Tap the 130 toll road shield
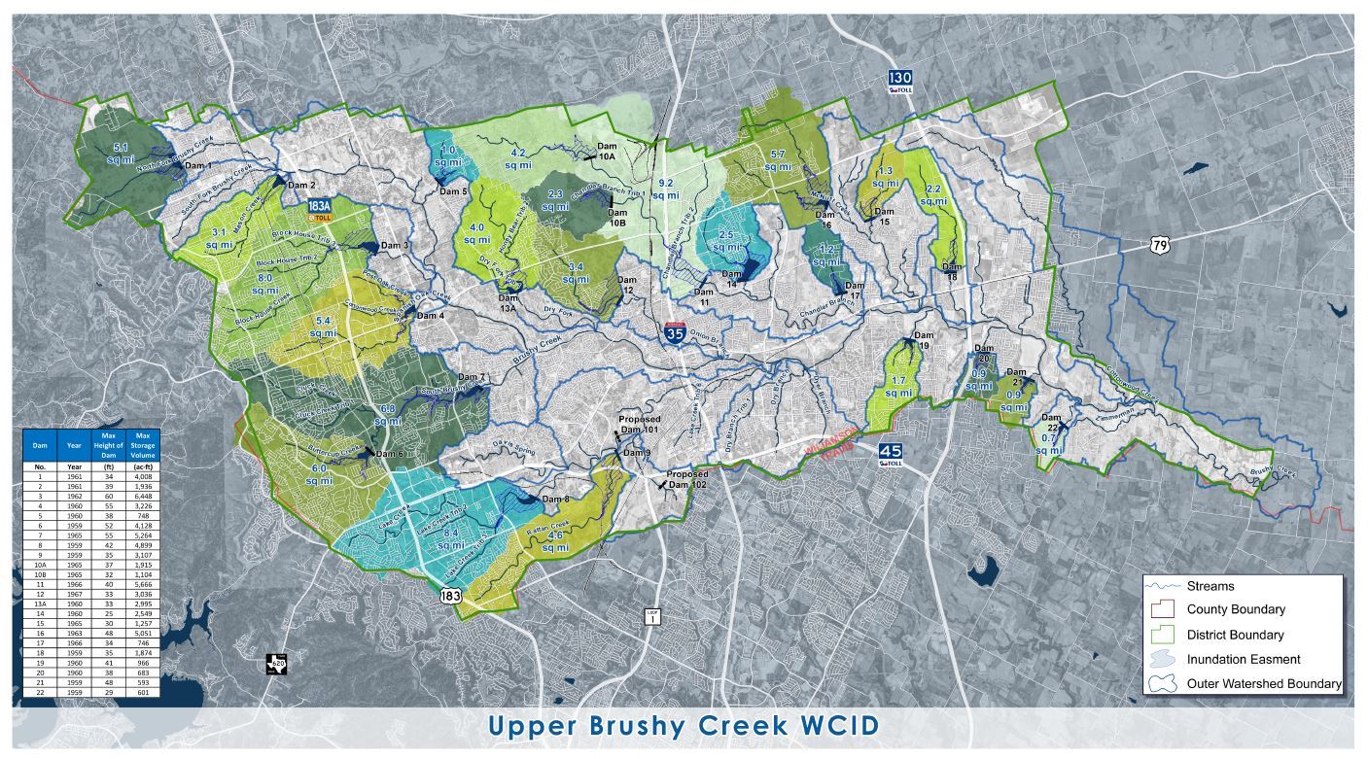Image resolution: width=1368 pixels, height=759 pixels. [898, 82]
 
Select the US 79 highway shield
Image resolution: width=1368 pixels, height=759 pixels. [1159, 245]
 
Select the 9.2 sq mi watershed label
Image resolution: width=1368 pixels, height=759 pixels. [666, 189]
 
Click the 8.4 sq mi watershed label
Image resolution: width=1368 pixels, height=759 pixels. [450, 539]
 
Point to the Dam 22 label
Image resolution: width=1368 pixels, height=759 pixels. [1051, 422]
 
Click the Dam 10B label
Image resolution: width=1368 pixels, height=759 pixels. [616, 217]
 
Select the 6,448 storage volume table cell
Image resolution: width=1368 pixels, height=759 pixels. [143, 494]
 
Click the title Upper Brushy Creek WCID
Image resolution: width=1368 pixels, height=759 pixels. [683, 726]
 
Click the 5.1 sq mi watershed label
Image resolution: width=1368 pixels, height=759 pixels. [121, 153]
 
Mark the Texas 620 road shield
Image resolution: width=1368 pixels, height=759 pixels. [277, 665]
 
